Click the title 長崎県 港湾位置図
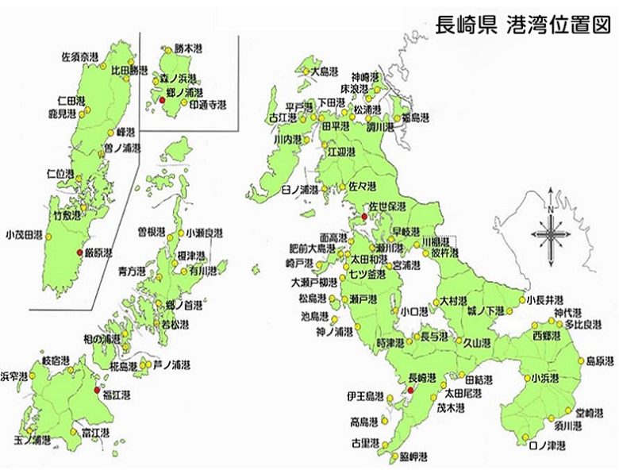(x=524, y=25)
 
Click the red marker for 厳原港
(x=79, y=252)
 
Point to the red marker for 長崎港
(x=410, y=391)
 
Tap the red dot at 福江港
(x=97, y=390)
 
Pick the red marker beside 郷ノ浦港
(x=161, y=101)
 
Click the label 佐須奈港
(x=80, y=57)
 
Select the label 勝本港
(x=189, y=47)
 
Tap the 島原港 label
(x=599, y=360)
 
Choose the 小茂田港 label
(x=23, y=234)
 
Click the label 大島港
(x=326, y=71)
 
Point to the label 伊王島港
(x=365, y=395)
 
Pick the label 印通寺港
(x=206, y=104)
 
